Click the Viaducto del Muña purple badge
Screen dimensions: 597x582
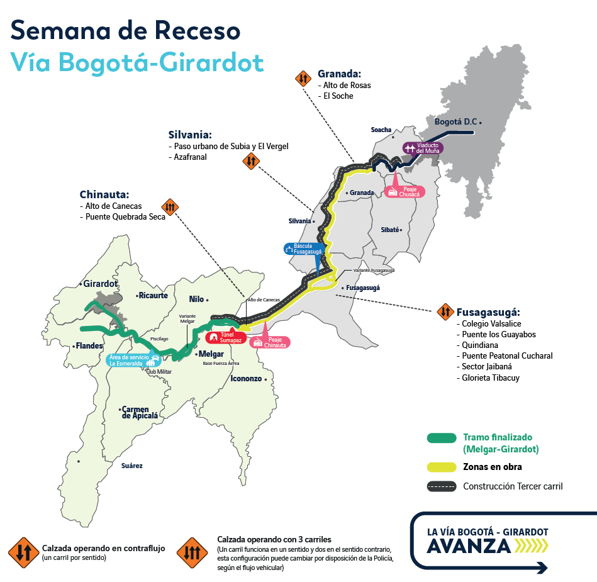click(423, 148)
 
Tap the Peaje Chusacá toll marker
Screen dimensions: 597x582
click(405, 191)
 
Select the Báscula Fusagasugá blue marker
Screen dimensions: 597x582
click(304, 249)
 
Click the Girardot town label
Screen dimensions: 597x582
click(100, 284)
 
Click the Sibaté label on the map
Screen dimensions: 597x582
click(390, 230)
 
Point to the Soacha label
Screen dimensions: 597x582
click(381, 130)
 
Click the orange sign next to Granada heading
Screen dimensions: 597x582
click(303, 79)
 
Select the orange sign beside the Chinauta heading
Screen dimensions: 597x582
click(170, 206)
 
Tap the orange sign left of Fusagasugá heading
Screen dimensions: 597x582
click(445, 311)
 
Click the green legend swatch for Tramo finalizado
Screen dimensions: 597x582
click(441, 438)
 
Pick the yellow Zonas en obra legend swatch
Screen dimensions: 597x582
click(441, 467)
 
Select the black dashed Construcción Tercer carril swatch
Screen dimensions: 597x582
click(441, 486)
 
